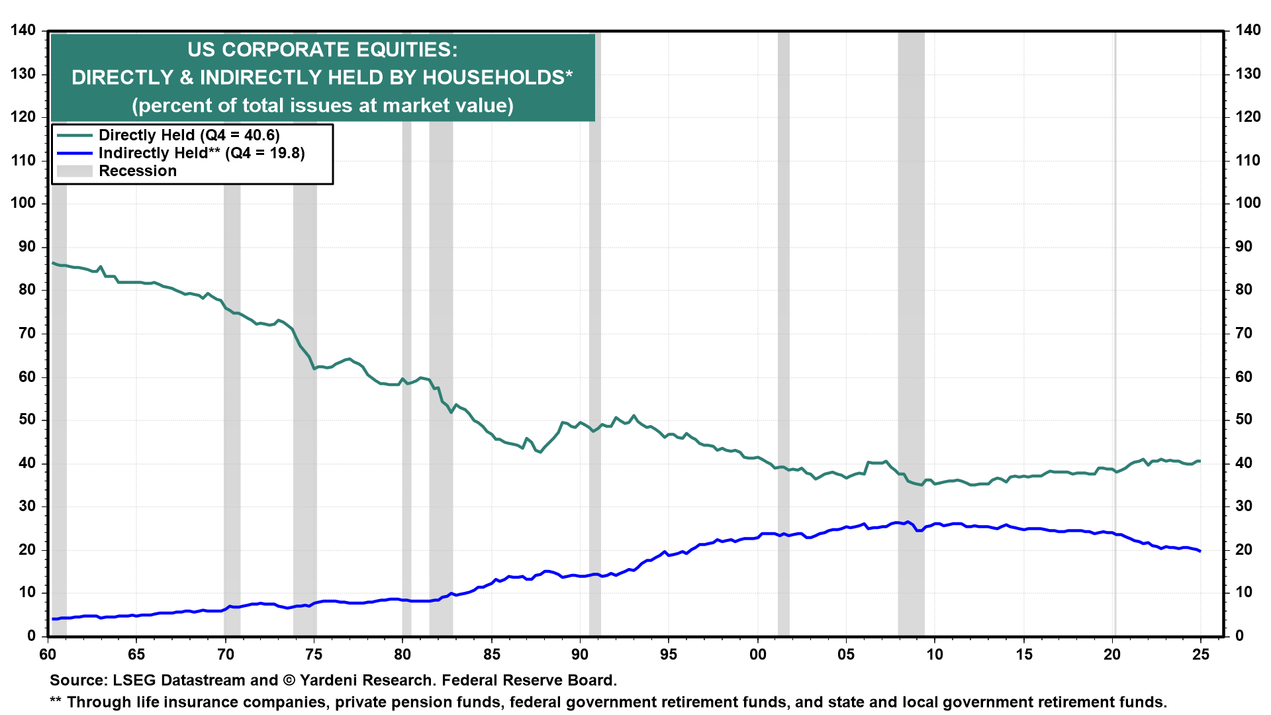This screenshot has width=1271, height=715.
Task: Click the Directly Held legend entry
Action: (x=189, y=135)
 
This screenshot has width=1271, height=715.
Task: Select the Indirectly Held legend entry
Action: (x=201, y=153)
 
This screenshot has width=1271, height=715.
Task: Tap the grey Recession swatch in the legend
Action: (x=74, y=171)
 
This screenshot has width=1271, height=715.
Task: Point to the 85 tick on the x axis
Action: (x=492, y=654)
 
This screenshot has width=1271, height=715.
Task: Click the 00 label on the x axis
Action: (x=757, y=654)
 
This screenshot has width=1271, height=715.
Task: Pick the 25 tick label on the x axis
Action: (x=1200, y=654)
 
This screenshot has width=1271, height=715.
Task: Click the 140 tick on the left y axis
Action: (x=23, y=30)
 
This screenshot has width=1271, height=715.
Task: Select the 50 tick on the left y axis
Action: (x=27, y=420)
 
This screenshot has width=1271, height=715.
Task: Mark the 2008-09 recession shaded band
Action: (x=911, y=331)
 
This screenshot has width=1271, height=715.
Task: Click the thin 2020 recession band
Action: (x=1115, y=331)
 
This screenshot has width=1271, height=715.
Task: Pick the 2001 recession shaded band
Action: (x=783, y=331)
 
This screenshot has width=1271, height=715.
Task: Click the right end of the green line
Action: (x=1200, y=461)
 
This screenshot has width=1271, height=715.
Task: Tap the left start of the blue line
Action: (x=53, y=619)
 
